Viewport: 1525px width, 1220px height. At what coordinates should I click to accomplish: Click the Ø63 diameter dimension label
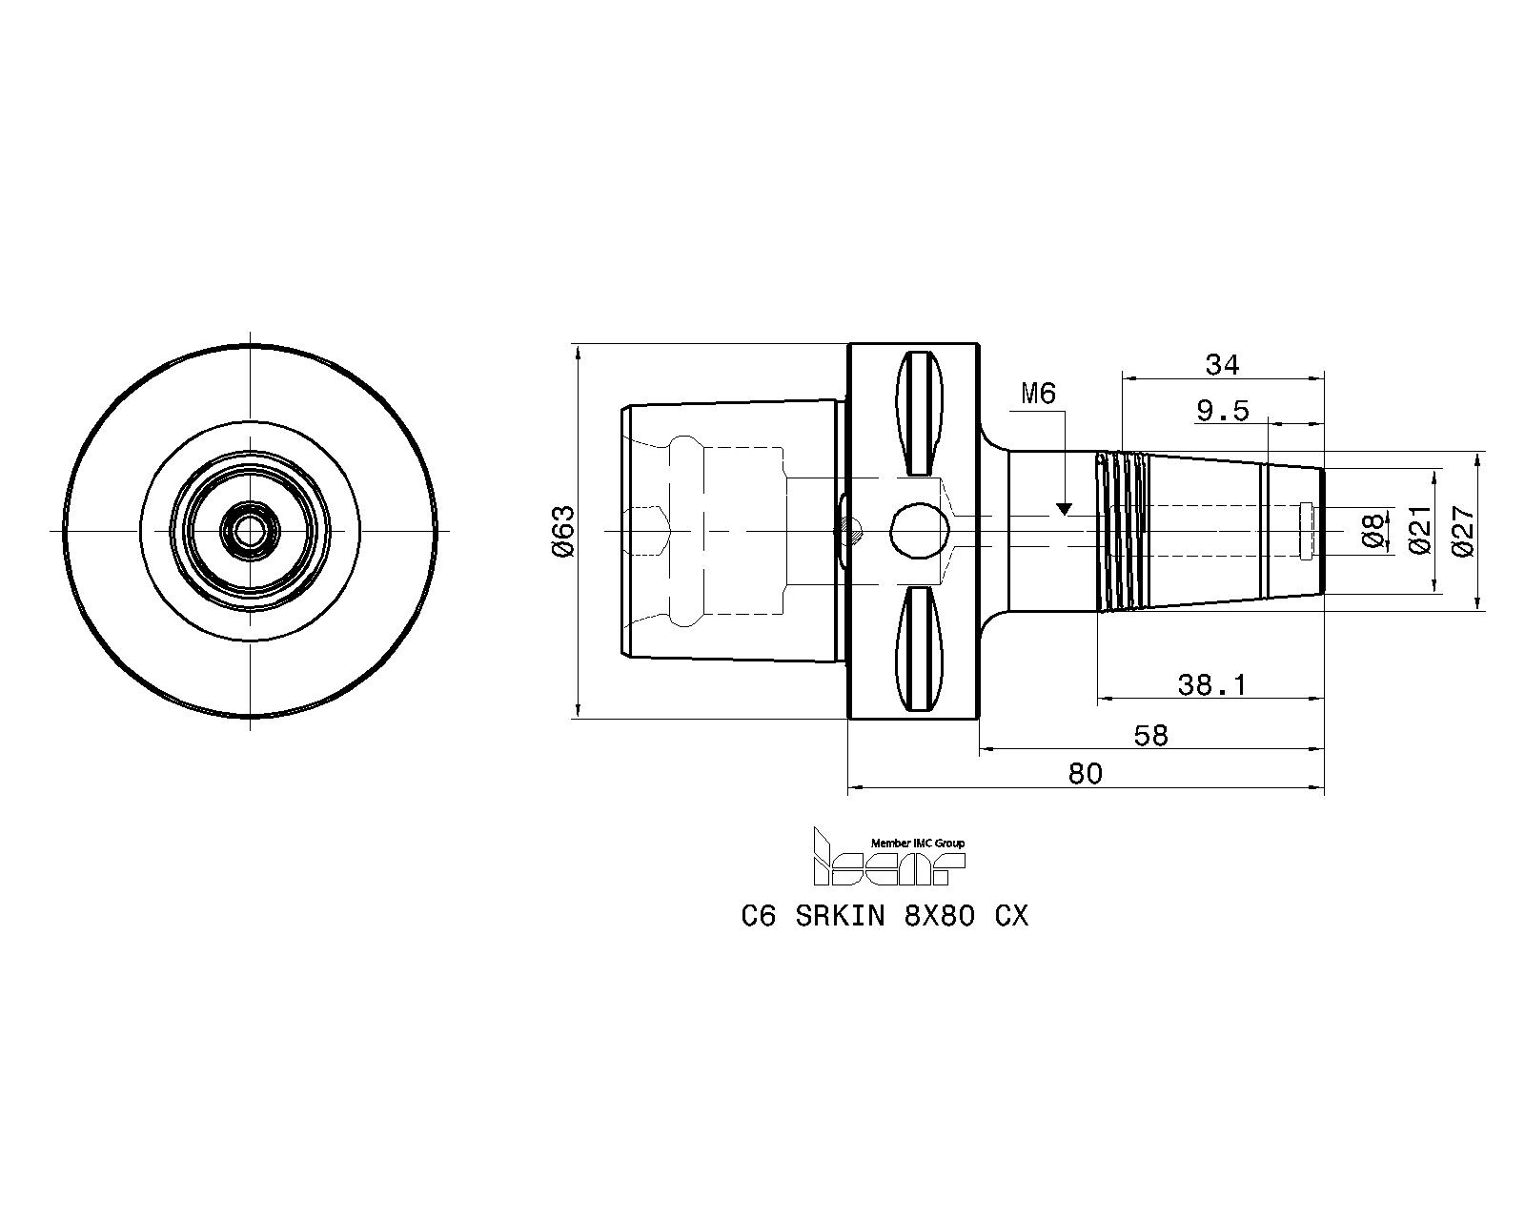[565, 532]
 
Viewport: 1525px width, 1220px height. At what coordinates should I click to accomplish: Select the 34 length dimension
[1222, 365]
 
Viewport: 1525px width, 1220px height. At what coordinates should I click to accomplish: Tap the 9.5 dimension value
[1223, 411]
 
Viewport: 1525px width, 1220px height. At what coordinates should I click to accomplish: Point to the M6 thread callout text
[1038, 394]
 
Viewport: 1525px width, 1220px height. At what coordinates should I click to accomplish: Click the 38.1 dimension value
[1211, 684]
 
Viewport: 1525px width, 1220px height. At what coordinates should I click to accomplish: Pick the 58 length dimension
[1150, 736]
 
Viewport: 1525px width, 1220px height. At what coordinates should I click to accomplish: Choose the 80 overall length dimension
[1085, 773]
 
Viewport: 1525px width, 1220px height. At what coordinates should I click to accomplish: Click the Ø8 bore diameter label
[1372, 531]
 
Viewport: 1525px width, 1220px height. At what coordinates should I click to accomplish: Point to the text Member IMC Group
[917, 844]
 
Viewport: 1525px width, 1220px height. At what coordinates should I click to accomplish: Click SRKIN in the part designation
[840, 917]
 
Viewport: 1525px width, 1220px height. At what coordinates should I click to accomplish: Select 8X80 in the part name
[939, 917]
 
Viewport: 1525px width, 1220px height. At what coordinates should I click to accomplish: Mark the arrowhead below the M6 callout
[1064, 509]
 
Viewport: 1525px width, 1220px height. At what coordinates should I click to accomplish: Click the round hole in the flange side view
[920, 531]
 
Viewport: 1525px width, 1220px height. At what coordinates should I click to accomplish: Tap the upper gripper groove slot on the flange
[920, 414]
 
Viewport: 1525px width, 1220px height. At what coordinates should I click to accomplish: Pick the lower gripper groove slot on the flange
[920, 649]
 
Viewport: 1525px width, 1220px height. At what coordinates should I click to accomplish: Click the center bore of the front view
[250, 530]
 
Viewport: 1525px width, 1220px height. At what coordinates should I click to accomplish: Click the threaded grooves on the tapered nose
[1123, 531]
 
